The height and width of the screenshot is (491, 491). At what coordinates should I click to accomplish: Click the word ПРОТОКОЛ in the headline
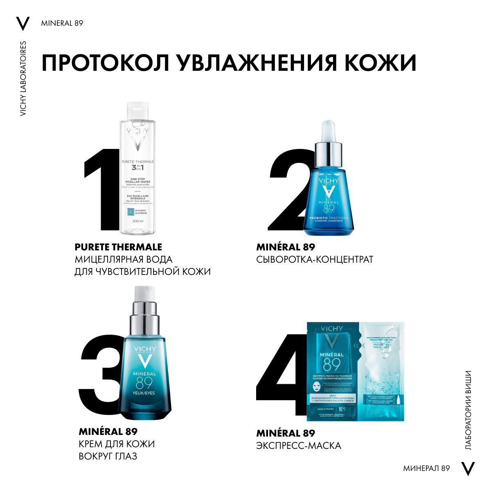click(106, 63)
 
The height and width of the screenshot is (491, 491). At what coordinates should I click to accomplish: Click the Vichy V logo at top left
click(23, 24)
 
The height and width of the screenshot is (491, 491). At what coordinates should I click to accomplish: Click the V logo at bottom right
click(468, 468)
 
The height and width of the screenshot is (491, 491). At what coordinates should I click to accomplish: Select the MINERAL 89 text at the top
click(62, 23)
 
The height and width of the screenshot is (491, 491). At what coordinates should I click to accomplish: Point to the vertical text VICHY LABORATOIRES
click(23, 78)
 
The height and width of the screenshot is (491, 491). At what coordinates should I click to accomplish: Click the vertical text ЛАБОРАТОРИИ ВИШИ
click(468, 410)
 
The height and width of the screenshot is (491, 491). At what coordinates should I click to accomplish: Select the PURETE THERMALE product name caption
click(118, 247)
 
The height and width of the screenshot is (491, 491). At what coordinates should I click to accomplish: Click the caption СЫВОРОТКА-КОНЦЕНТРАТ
click(315, 259)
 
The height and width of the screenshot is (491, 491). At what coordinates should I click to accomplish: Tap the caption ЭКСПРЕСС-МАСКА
click(299, 446)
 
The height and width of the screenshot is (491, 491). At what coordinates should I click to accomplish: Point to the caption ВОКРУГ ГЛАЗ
click(108, 456)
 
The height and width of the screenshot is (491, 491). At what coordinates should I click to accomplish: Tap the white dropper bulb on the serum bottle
click(329, 130)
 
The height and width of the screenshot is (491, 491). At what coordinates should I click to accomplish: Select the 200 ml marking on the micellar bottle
click(138, 221)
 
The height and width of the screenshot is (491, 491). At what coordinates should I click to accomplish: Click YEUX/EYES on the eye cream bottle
click(144, 393)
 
